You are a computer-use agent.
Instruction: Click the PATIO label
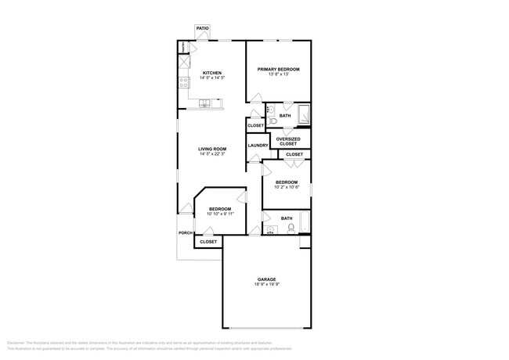pyautogui.click(x=202, y=27)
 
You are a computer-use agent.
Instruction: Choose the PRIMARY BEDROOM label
pyautogui.click(x=279, y=69)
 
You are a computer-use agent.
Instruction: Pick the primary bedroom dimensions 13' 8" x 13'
pyautogui.click(x=279, y=74)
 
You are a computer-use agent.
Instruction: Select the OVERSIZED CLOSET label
pyautogui.click(x=288, y=142)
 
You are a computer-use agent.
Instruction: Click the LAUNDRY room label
pyautogui.click(x=258, y=146)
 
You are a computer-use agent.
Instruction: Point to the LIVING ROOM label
pyautogui.click(x=211, y=149)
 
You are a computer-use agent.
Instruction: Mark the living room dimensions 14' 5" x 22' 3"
pyautogui.click(x=211, y=154)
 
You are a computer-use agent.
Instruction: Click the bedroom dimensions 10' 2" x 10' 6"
pyautogui.click(x=286, y=187)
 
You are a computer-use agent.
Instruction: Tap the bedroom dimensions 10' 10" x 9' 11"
pyautogui.click(x=220, y=214)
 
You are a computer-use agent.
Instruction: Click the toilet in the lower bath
pyautogui.click(x=291, y=229)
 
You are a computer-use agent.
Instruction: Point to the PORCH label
pyautogui.click(x=185, y=232)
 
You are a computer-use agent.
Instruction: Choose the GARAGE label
pyautogui.click(x=266, y=279)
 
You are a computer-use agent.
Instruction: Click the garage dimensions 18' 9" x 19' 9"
pyautogui.click(x=266, y=284)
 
